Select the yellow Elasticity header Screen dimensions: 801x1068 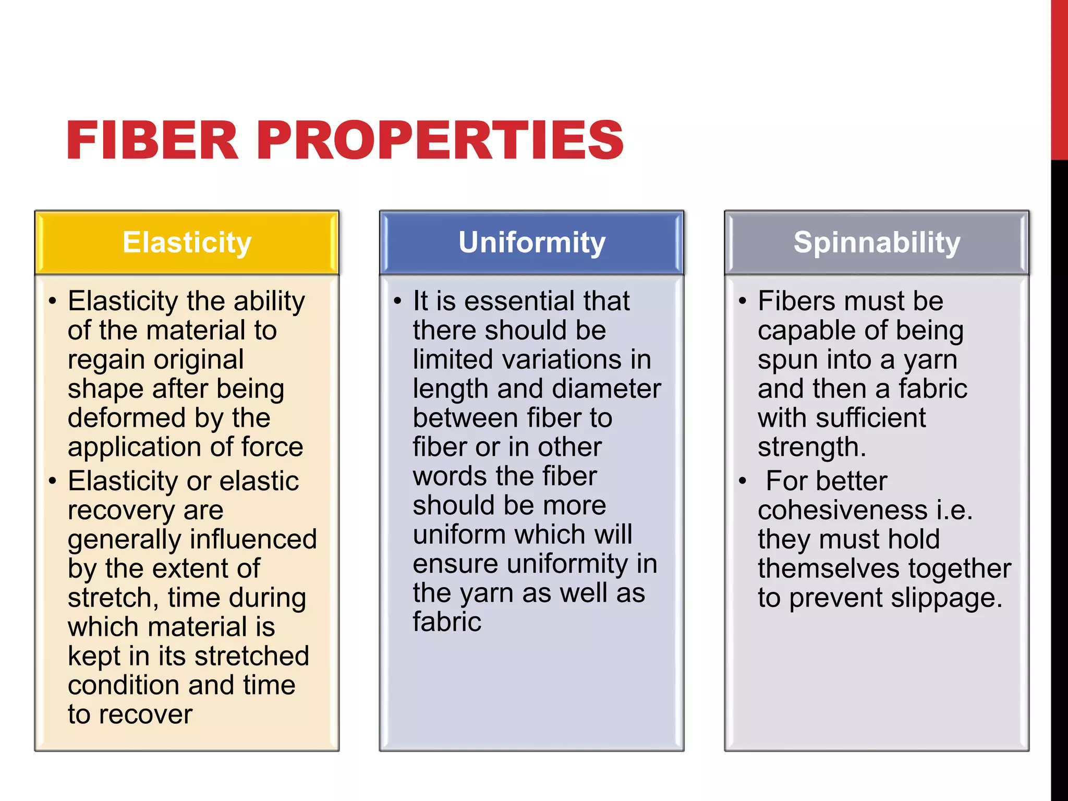[x=187, y=242]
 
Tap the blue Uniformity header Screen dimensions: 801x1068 [x=532, y=242]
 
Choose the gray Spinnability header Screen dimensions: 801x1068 [x=877, y=242]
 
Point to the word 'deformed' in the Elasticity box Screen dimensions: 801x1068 [x=127, y=418]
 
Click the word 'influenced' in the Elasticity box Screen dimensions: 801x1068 [x=245, y=539]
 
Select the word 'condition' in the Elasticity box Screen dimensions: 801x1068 [x=124, y=685]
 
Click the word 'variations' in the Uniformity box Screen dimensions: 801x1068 [x=548, y=360]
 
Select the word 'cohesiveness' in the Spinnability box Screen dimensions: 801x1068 [x=842, y=510]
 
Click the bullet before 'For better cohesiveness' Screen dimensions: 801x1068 [x=743, y=481]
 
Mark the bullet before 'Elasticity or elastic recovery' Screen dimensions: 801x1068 [x=52, y=481]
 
